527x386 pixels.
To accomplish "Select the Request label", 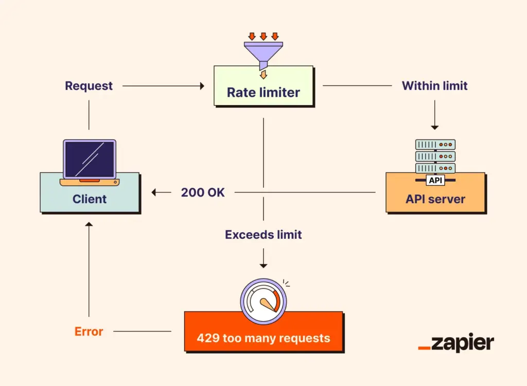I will (x=89, y=86).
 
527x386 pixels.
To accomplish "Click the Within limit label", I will (x=434, y=86).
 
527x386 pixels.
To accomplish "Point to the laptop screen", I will (x=89, y=159).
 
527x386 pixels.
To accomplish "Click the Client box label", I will (x=90, y=199).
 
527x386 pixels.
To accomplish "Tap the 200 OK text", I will (x=203, y=192).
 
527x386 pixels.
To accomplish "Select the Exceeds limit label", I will (x=263, y=235).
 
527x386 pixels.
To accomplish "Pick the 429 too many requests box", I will (x=263, y=338).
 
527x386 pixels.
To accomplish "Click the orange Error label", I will (x=89, y=331).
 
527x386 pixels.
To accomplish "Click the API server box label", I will (x=435, y=199).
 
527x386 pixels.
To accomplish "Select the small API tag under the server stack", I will (x=435, y=181).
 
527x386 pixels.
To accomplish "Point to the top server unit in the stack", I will (x=435, y=145).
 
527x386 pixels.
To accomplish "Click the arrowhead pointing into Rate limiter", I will (x=202, y=86).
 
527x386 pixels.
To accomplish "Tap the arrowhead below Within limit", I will (x=435, y=127).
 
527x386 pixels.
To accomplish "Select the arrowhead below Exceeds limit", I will (x=263, y=266).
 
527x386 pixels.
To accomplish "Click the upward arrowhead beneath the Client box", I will (x=89, y=224).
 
